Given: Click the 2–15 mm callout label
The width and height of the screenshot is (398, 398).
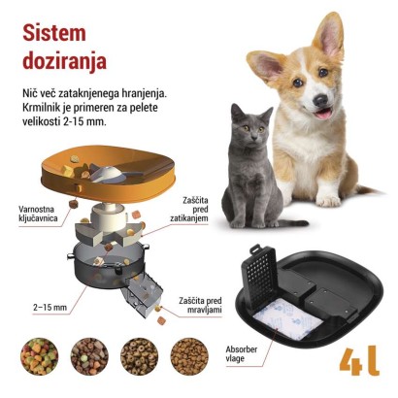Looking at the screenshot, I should click(x=49, y=308).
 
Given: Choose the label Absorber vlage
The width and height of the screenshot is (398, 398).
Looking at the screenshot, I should click(x=244, y=354).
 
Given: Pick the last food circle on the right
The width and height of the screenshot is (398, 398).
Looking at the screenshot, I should click(x=188, y=356).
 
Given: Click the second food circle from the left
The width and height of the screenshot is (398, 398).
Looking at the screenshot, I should click(x=88, y=356).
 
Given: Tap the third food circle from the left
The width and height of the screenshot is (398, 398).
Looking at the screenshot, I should click(x=139, y=356).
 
